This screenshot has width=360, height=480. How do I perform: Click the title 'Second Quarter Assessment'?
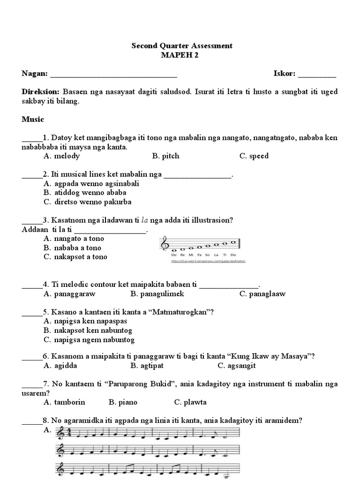point(182,46)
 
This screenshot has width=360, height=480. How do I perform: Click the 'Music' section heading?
point(33,120)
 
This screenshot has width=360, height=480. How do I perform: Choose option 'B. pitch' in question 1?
point(165,156)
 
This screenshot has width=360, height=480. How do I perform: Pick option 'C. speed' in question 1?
point(254,156)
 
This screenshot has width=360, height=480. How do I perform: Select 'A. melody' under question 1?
point(61,156)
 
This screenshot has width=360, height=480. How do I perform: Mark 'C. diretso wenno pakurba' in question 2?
point(87,202)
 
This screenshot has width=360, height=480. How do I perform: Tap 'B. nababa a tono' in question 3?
point(72,248)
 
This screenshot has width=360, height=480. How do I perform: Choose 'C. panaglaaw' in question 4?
point(262,294)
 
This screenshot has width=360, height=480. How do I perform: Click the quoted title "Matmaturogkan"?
point(178,312)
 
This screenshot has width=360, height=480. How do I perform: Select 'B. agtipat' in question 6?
point(147,366)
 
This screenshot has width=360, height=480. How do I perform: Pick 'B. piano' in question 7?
point(123,402)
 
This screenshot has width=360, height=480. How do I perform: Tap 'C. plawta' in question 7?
point(190,402)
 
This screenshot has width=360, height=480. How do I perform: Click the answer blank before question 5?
point(32,313)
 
